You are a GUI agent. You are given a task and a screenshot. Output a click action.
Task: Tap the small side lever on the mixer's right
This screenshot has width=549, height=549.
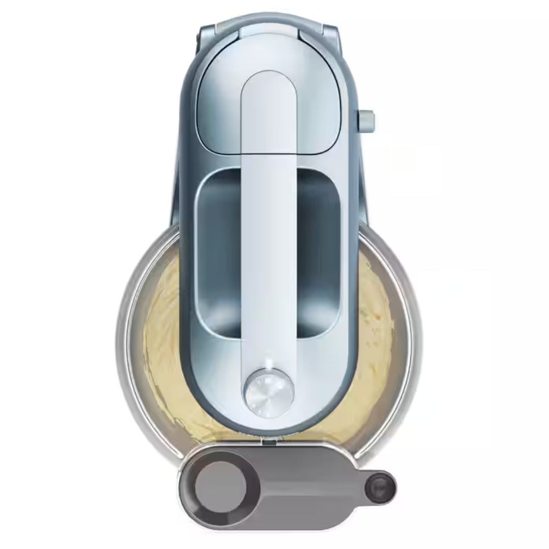click(x=367, y=120)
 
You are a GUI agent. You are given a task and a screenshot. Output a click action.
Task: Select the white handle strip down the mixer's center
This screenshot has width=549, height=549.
click(x=269, y=254)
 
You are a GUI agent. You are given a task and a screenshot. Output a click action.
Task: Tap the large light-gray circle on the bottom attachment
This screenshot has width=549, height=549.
click(x=220, y=482)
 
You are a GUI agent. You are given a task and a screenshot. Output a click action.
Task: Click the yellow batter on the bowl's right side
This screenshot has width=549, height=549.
click(x=374, y=346)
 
